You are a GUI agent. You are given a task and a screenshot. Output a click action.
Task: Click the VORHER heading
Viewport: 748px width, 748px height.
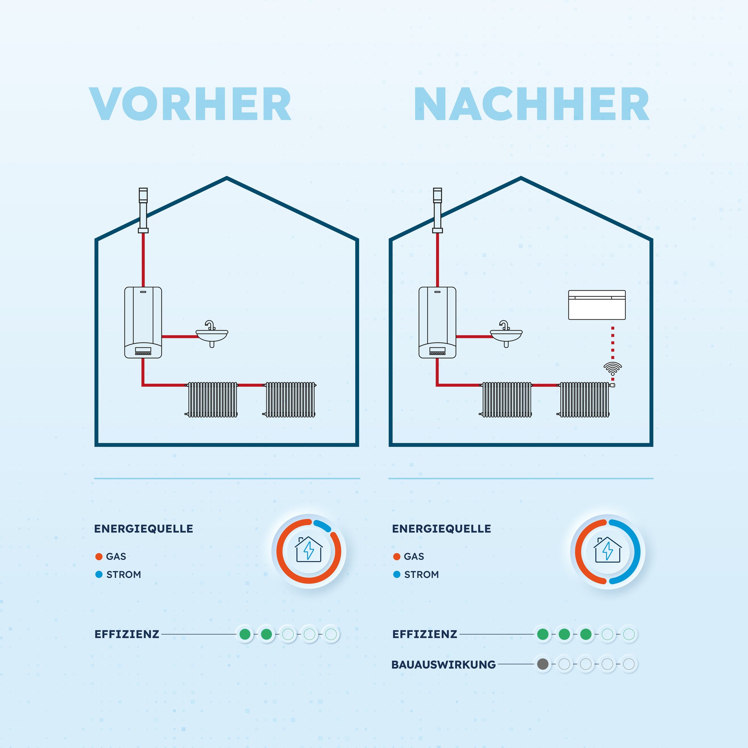pyautogui.click(x=190, y=104)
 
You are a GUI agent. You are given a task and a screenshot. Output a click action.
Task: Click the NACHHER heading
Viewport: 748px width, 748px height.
pyautogui.click(x=531, y=104)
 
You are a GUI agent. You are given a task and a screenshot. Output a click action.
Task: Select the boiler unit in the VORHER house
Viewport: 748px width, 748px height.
pyautogui.click(x=143, y=322)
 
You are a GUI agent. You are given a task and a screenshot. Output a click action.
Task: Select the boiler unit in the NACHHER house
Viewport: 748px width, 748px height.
pyautogui.click(x=437, y=322)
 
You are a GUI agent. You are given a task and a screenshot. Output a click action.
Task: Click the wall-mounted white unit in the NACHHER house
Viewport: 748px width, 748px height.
pyautogui.click(x=597, y=305)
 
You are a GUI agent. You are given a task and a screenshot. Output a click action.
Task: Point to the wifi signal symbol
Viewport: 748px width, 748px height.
pyautogui.click(x=613, y=368)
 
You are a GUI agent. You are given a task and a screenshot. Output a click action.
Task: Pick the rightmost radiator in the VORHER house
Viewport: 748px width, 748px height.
pyautogui.click(x=290, y=399)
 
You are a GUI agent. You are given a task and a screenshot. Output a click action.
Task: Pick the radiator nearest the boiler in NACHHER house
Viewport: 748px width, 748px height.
pyautogui.click(x=507, y=399)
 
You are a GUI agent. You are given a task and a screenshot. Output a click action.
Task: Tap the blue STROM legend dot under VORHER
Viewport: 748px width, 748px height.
pyautogui.click(x=99, y=574)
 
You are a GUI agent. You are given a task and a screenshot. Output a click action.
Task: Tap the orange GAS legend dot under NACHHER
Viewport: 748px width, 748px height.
pyautogui.click(x=396, y=557)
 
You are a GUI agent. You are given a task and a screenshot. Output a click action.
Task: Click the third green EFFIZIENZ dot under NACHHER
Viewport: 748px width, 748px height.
pyautogui.click(x=586, y=634)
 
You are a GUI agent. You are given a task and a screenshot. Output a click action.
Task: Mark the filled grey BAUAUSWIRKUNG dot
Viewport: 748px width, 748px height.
pyautogui.click(x=543, y=664)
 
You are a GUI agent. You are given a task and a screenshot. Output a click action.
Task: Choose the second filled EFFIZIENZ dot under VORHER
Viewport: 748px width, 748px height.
pyautogui.click(x=266, y=634)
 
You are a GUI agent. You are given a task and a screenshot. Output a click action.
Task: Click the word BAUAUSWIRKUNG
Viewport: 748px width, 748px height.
pyautogui.click(x=443, y=664)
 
